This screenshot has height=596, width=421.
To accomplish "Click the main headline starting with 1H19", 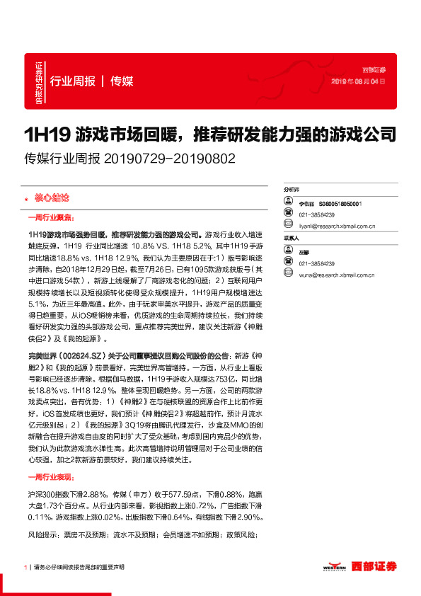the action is (x=209, y=134).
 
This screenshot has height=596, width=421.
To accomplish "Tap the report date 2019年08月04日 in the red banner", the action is (x=359, y=82).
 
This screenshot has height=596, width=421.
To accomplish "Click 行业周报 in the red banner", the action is (x=73, y=81).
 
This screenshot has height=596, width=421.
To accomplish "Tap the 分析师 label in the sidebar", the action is (x=292, y=190).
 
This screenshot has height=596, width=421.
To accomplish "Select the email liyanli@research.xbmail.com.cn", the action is (x=337, y=227).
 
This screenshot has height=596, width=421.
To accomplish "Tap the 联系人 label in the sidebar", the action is (x=292, y=239).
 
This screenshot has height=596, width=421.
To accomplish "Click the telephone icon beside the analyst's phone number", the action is (x=288, y=214).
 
